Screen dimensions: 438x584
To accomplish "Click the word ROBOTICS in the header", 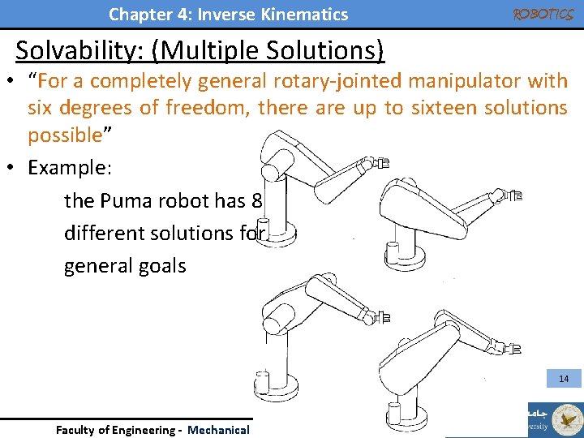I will tap(543, 14).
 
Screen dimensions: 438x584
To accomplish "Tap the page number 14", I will tap(563, 379).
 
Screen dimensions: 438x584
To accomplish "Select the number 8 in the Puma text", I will tap(257, 200).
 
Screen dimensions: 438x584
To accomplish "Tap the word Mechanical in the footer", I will tap(218, 430).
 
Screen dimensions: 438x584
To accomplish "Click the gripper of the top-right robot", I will tap(513, 195).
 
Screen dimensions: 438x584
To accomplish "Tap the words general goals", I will tap(125, 265).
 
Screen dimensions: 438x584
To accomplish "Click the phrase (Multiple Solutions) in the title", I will tap(273, 50).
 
